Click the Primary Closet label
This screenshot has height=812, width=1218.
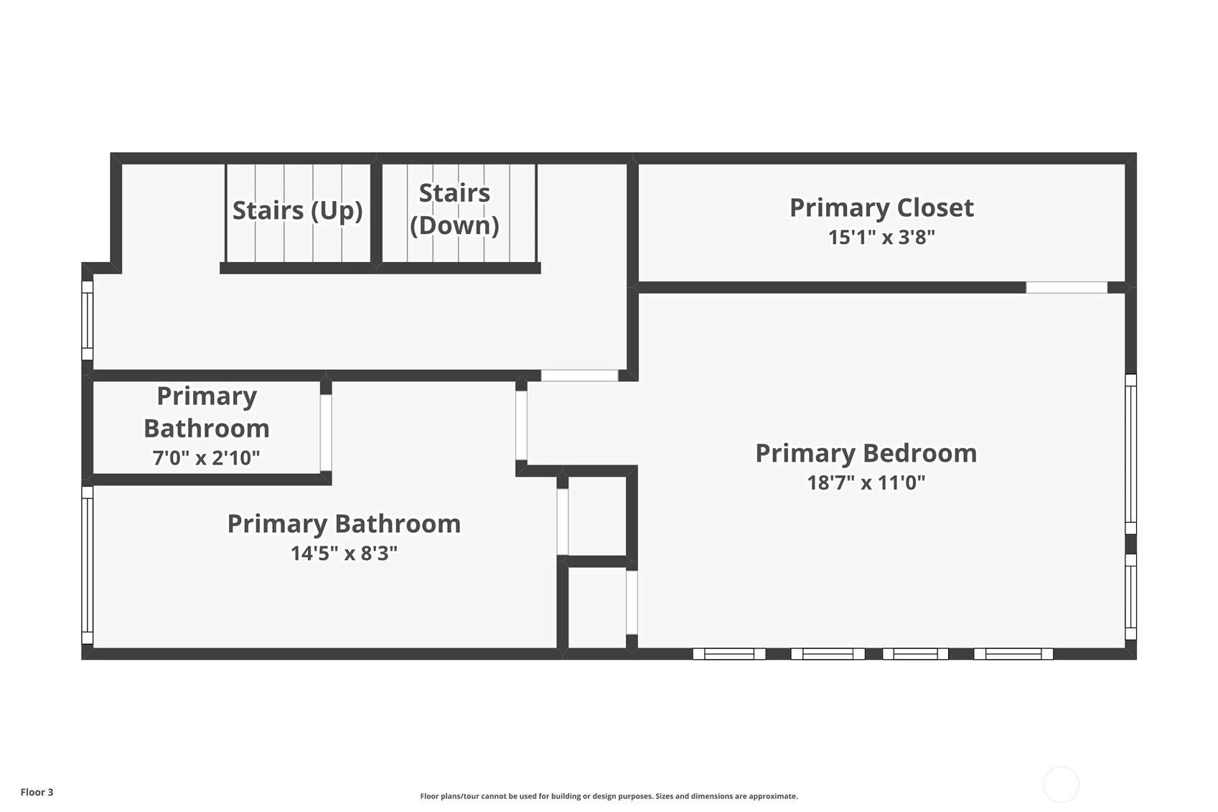881,207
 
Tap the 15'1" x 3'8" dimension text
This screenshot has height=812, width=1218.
881,237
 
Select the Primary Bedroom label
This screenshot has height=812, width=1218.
866,454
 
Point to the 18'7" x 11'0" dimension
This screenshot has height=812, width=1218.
866,482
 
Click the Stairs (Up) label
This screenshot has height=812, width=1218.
297,210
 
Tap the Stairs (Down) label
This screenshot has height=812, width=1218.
454,210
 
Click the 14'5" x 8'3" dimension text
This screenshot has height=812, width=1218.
345,553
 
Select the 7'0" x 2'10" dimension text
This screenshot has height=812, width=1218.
206,458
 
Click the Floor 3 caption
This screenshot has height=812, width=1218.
37,792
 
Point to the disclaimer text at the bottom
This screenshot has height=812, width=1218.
609,796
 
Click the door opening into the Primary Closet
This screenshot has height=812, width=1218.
1067,287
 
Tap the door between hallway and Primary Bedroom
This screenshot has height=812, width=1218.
580,375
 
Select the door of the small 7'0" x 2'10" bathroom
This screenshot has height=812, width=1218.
326,432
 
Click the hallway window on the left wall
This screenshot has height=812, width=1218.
87,320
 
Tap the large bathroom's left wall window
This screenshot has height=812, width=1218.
87,565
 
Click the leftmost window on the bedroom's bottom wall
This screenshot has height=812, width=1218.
729,654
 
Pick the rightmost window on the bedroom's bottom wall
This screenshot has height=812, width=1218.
1013,654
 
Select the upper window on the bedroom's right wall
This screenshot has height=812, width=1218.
1130,454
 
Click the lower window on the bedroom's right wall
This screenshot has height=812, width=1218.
1130,597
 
